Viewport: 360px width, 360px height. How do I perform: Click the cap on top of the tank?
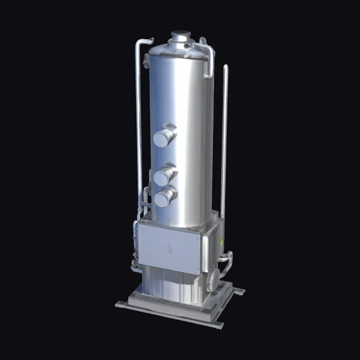[x=180, y=36]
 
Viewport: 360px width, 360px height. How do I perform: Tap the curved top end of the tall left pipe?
[x=140, y=42]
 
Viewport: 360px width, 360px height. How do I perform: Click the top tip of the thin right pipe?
[x=226, y=67]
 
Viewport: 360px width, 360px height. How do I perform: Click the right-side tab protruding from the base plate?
[x=239, y=291]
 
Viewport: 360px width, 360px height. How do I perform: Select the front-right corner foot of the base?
[x=217, y=325]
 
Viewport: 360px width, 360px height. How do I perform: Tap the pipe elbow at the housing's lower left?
[x=136, y=266]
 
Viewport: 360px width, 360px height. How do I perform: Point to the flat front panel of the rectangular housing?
[x=169, y=246]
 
